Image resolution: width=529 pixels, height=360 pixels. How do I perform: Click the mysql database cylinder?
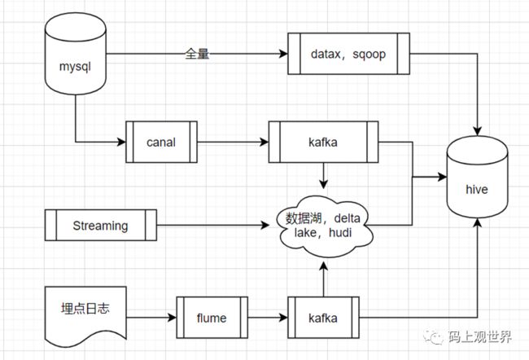click(x=76, y=54)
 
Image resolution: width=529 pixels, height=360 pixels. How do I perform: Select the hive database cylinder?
click(x=477, y=177)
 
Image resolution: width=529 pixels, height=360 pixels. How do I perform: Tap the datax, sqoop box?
click(x=348, y=54)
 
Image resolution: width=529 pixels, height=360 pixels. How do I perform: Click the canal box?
click(x=161, y=142)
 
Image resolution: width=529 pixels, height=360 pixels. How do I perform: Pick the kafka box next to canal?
click(x=323, y=142)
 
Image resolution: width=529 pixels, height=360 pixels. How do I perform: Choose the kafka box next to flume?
click(x=323, y=318)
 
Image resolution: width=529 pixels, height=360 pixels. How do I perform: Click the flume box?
click(x=212, y=318)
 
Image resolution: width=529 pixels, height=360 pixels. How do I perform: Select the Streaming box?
click(x=101, y=226)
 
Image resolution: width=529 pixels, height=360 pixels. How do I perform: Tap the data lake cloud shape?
click(x=324, y=226)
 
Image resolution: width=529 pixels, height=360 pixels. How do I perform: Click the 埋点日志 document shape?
click(x=85, y=316)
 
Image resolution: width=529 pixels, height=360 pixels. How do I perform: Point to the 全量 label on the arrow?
click(x=197, y=54)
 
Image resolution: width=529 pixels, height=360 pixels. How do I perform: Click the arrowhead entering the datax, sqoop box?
click(x=283, y=54)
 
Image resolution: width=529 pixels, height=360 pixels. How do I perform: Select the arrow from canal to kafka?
click(x=233, y=142)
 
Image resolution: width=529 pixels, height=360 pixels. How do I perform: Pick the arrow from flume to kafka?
click(x=268, y=318)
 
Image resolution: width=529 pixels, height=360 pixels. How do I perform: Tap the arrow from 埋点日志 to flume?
click(x=151, y=318)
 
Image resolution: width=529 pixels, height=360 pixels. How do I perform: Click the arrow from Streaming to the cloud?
click(x=213, y=225)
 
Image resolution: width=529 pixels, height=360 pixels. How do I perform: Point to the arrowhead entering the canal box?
click(x=121, y=142)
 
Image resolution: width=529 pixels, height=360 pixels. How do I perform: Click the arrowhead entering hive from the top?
click(x=477, y=131)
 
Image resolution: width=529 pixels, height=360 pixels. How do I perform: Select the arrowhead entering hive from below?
click(x=477, y=223)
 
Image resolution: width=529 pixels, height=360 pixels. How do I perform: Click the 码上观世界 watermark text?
click(x=480, y=336)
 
